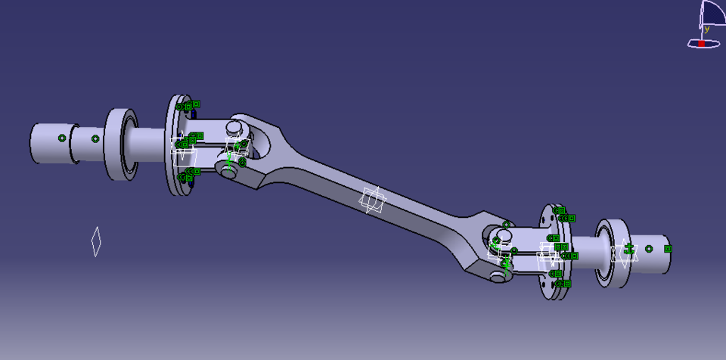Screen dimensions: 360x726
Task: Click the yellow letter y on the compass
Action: coord(707,29)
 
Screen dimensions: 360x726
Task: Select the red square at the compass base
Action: coord(701,44)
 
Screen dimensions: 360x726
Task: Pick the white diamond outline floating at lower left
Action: coord(96,241)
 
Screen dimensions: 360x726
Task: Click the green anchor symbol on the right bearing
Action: coord(627,248)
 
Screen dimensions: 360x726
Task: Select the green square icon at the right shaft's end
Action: coord(668,249)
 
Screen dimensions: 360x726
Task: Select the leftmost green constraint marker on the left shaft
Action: coord(62,138)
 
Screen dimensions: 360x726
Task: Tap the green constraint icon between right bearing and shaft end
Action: coord(649,249)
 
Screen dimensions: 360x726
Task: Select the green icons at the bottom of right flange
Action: coord(563,284)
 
